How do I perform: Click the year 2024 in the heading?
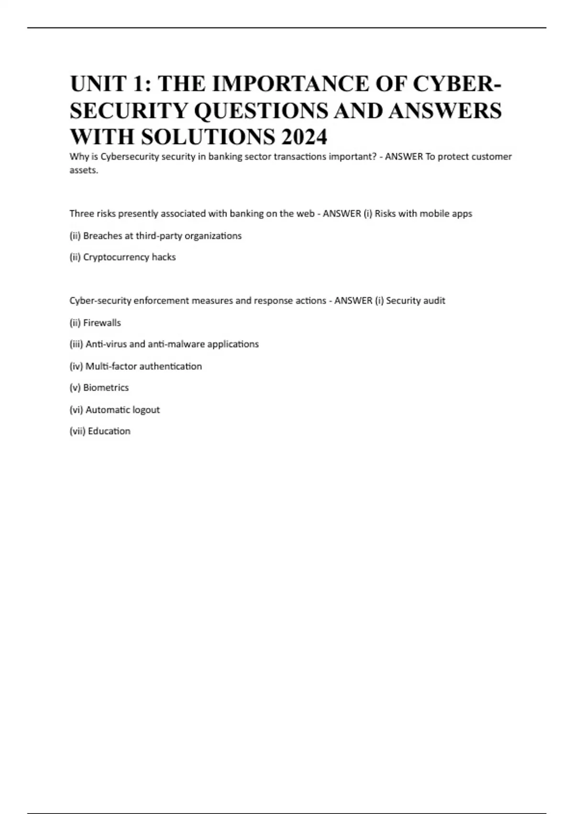point(304,137)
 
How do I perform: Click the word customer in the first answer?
point(492,157)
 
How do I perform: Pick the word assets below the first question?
point(83,170)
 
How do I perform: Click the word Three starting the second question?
point(82,214)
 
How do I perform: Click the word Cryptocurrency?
point(116,257)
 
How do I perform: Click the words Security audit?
point(415,301)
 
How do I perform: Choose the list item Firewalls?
point(102,323)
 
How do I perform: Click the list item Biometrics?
point(106,388)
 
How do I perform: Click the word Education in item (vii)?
point(109,431)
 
